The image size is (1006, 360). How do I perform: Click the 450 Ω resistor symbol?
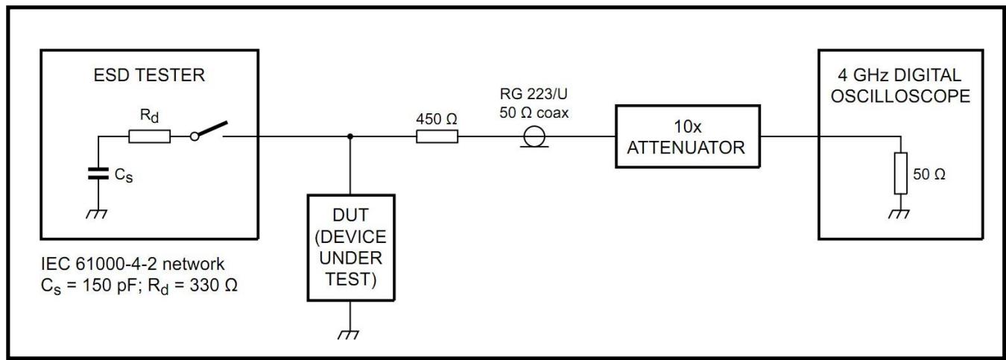point(437,136)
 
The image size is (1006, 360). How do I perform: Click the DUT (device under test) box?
point(350,247)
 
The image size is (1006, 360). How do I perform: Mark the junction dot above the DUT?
point(350,136)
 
